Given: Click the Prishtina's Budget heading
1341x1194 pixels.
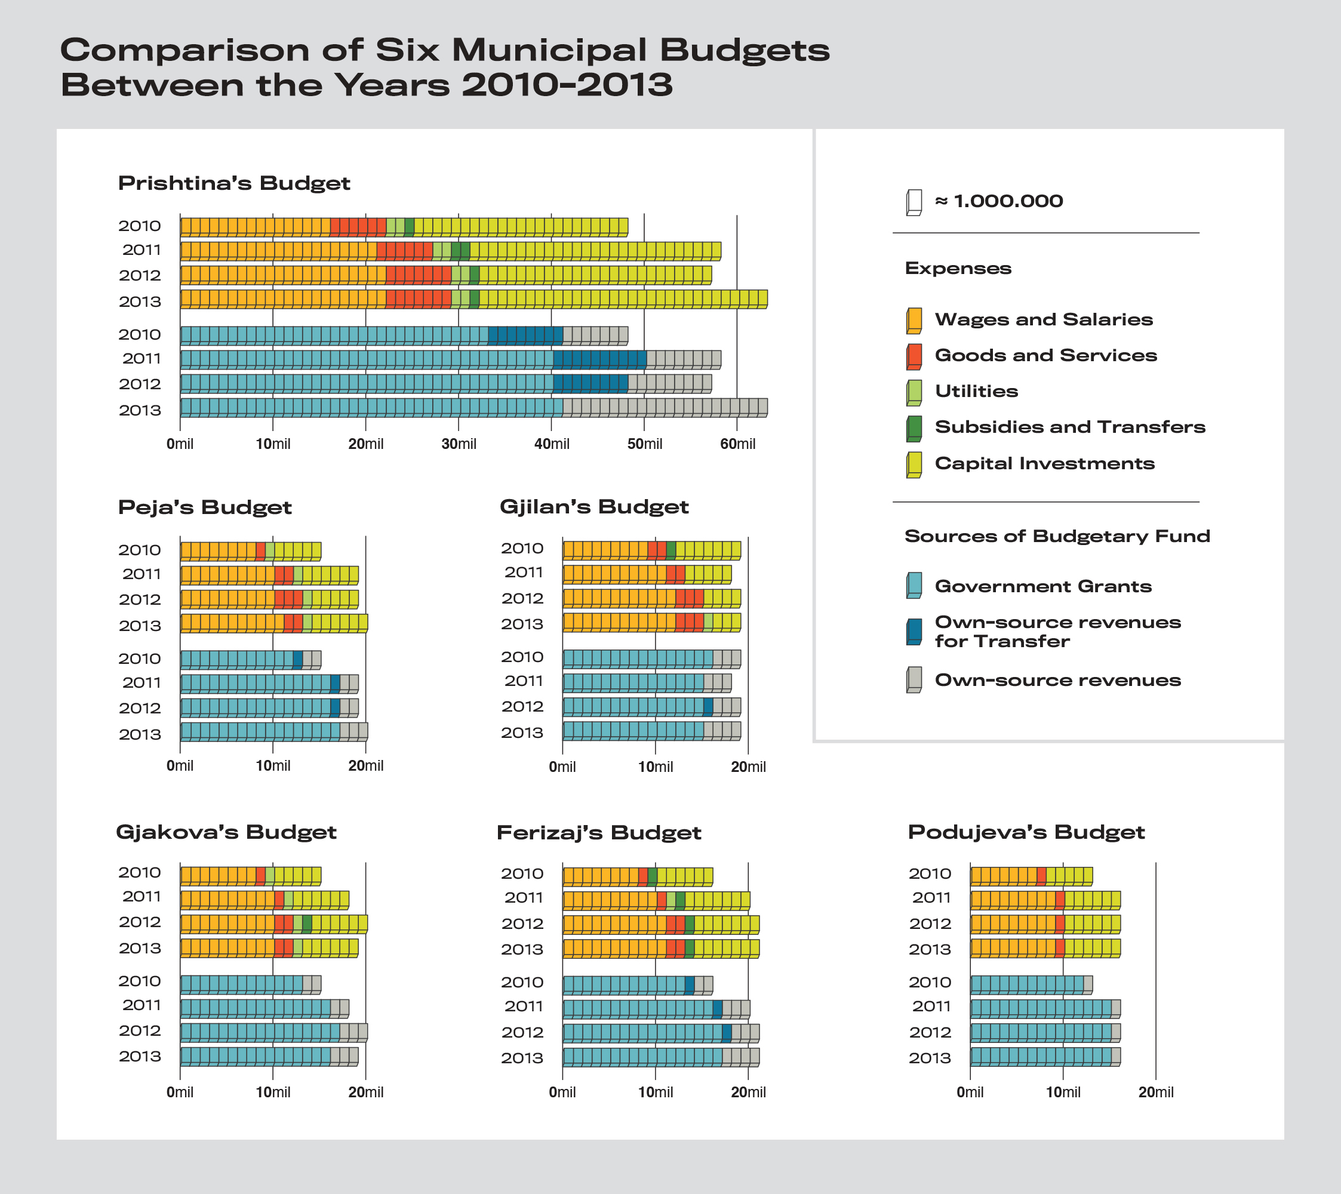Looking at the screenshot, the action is point(234,183).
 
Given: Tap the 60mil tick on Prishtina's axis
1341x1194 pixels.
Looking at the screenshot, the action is point(737,444).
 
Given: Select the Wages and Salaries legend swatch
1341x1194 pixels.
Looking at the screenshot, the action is point(914,321).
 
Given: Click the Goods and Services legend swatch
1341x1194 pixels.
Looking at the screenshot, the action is point(914,357).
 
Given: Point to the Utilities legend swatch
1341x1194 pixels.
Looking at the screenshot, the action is point(914,393).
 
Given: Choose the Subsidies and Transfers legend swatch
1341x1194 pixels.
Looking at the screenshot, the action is point(914,429).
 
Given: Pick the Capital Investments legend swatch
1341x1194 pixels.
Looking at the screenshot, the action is point(914,465).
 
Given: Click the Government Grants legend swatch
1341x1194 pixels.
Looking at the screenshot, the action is point(914,585).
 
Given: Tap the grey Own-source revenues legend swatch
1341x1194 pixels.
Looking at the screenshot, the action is point(914,679).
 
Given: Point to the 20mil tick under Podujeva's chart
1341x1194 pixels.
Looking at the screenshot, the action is point(1156,1093).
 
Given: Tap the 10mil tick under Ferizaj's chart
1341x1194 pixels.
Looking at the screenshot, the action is point(656,1093).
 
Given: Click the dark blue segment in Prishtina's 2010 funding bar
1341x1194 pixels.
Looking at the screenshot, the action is point(525,336).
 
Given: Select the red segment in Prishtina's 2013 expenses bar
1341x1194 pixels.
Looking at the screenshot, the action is point(419,299).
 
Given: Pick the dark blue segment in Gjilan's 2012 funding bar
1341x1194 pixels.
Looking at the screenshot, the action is point(708,707).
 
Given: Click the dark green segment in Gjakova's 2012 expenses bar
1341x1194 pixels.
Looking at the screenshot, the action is point(307,924).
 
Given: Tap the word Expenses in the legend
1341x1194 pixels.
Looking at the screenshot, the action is point(958,268).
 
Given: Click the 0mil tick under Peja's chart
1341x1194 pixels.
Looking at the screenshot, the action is point(180,765).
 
